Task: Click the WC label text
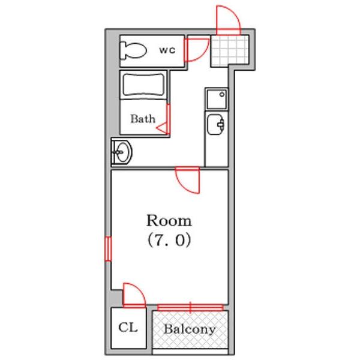[x=167, y=50]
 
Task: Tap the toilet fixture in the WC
[x=133, y=50]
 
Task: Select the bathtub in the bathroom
[x=144, y=85]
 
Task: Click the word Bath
[x=143, y=119]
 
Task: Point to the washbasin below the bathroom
[x=122, y=152]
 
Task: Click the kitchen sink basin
[x=215, y=124]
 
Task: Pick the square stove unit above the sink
[x=217, y=99]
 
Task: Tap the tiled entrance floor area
[x=230, y=51]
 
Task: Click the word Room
[x=169, y=221]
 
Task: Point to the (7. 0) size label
[x=169, y=240]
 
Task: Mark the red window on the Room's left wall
[x=109, y=249]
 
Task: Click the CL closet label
[x=128, y=327]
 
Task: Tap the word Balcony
[x=190, y=329]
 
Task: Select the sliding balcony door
[x=190, y=307]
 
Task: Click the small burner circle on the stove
[x=222, y=94]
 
